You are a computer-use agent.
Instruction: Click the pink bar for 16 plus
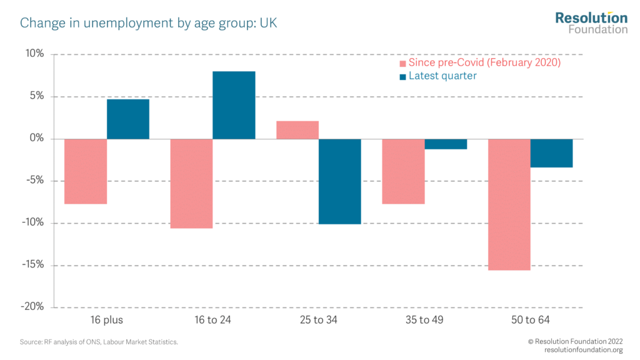(86, 171)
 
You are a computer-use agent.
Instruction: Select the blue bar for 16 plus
(128, 119)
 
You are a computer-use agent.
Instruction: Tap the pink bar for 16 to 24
(192, 183)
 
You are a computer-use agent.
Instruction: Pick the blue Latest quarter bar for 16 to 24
(234, 105)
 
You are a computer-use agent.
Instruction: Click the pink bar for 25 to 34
(297, 130)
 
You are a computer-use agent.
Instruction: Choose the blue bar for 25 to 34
(340, 181)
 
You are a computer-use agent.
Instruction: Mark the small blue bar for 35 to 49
(446, 144)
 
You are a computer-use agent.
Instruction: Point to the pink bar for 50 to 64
(509, 204)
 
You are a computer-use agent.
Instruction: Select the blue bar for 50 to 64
(551, 153)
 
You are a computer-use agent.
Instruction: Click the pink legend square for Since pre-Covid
(403, 64)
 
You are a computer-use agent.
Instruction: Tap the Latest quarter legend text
(442, 76)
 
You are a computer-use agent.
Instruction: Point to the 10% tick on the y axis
(35, 54)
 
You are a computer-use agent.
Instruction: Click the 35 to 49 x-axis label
(424, 321)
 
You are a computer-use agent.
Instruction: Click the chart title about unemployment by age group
(149, 24)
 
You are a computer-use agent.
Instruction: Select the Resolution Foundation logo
(591, 22)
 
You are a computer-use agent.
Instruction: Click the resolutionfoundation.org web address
(584, 350)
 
